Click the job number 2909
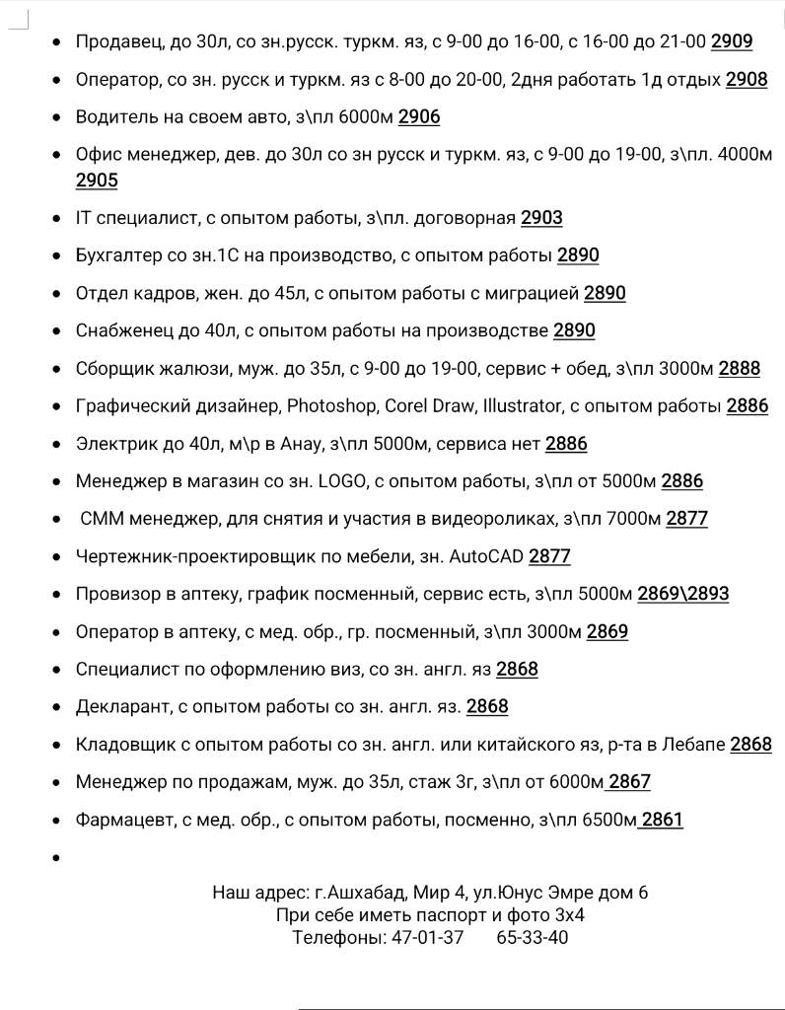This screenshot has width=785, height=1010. pyautogui.click(x=731, y=41)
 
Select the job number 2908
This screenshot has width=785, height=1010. pyautogui.click(x=746, y=80)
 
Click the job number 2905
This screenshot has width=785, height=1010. pyautogui.click(x=97, y=180)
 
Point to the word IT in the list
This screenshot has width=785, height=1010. pyautogui.click(x=83, y=218)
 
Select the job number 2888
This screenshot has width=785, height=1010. pyautogui.click(x=739, y=368)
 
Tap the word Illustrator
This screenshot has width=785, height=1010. pyautogui.click(x=522, y=405)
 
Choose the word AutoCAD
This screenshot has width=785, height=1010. pyautogui.click(x=486, y=556)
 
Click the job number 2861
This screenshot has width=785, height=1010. pyautogui.click(x=662, y=820)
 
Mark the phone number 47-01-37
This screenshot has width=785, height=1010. pyautogui.click(x=426, y=937)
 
